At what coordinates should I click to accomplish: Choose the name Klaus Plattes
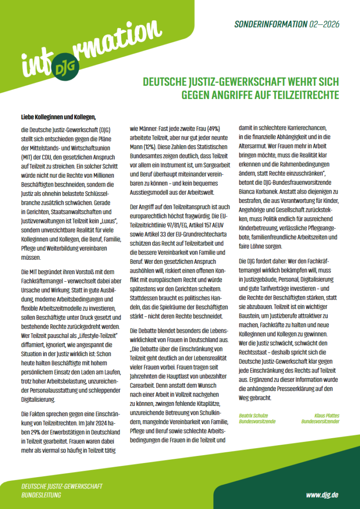(327, 415)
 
